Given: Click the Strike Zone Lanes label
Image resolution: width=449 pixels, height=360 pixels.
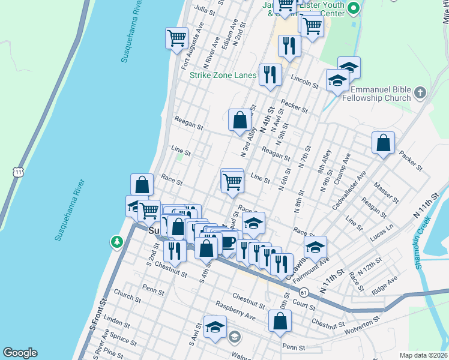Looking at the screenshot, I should (x=223, y=76).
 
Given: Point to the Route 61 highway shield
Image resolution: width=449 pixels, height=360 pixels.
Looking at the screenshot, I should (x=304, y=292).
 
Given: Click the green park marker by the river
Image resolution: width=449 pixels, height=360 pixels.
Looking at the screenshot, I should (x=116, y=242).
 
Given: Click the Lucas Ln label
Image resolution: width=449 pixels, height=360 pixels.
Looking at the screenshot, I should (x=381, y=233).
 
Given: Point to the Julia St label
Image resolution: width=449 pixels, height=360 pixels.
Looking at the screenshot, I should (x=205, y=10).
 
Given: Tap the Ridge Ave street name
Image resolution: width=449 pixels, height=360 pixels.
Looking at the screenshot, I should (x=385, y=283).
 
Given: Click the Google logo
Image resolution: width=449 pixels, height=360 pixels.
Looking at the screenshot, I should (x=20, y=353).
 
